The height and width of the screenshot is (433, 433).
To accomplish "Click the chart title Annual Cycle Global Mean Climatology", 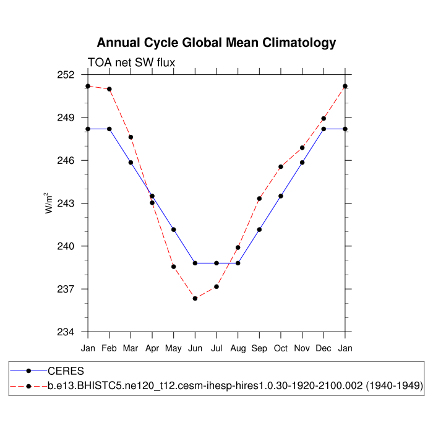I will click(x=216, y=43).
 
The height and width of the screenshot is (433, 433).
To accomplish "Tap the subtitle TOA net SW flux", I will click(x=131, y=62).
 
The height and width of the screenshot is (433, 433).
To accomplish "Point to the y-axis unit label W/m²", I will click(x=49, y=203).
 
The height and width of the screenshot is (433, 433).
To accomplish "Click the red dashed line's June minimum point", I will click(x=195, y=298).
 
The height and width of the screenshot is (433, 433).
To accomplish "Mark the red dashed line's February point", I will click(x=109, y=89).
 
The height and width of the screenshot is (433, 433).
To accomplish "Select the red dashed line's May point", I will click(x=174, y=267).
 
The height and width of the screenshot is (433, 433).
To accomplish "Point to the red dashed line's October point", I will click(x=281, y=166).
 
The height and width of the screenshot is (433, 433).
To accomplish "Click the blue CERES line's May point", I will click(x=174, y=229).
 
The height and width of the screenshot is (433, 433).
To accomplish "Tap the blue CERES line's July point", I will click(x=216, y=263).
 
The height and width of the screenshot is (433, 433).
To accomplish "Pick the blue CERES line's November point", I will click(x=302, y=163).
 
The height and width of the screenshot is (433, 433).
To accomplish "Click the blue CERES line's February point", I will click(x=109, y=129).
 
